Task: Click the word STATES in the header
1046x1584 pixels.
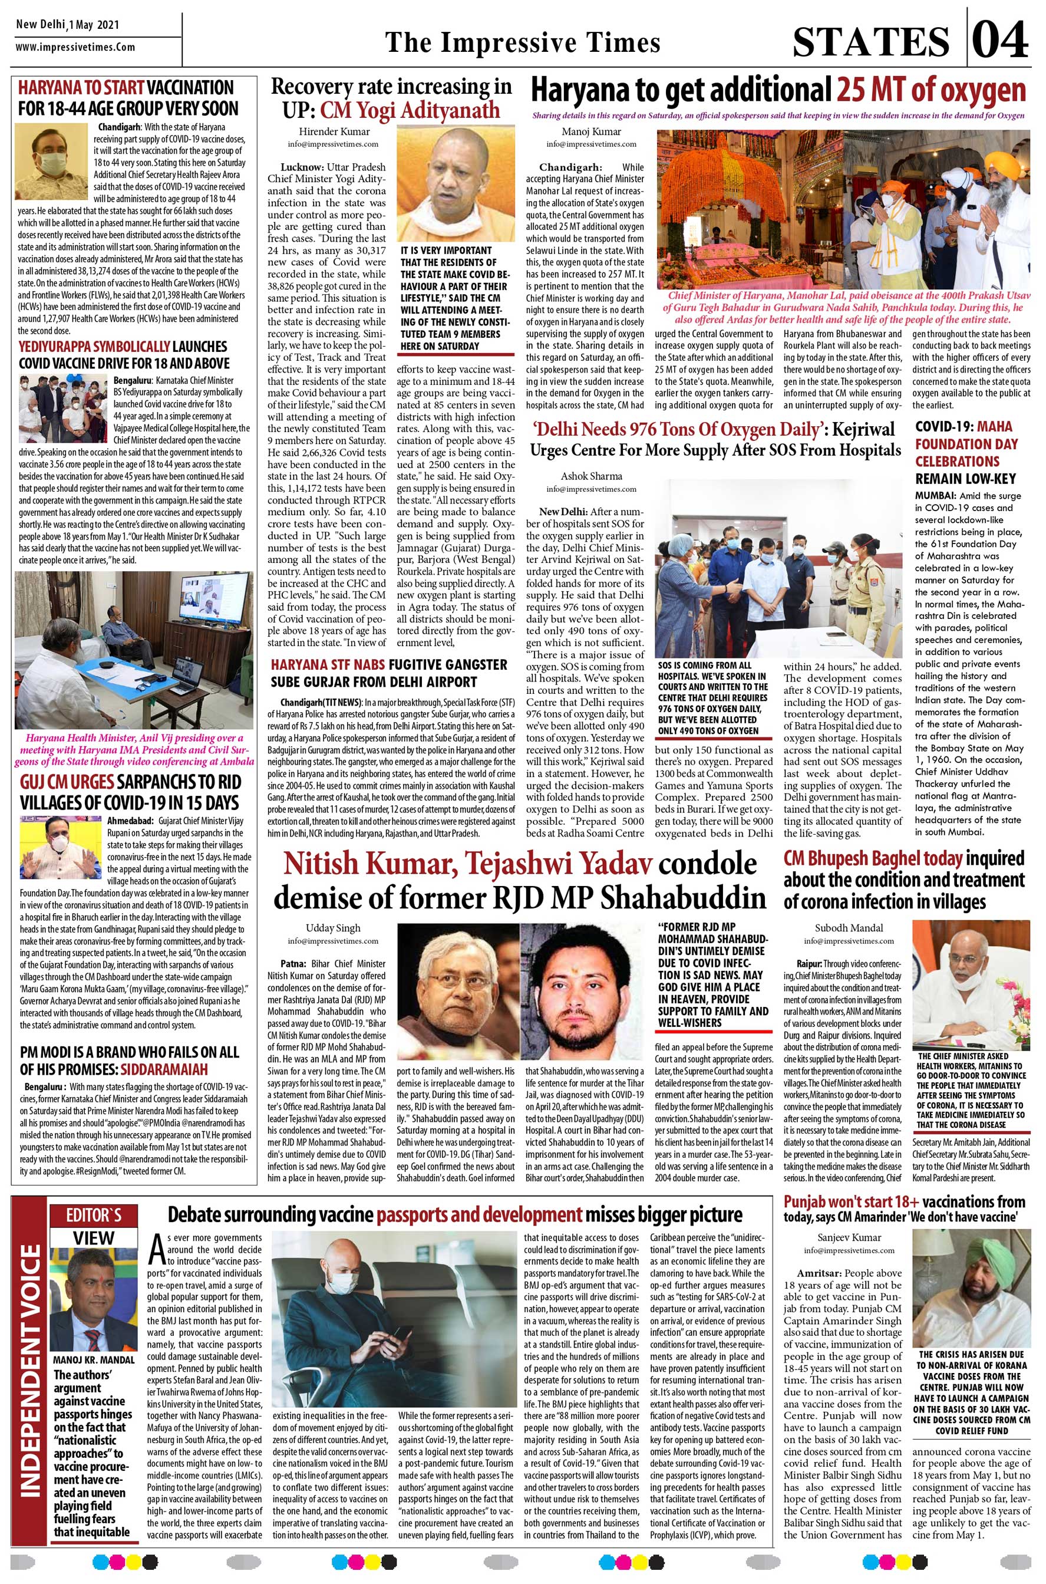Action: click(871, 41)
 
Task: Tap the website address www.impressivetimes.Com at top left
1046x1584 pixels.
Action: click(75, 47)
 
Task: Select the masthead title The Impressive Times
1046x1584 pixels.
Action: click(522, 42)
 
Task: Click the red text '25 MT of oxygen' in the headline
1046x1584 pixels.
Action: click(930, 91)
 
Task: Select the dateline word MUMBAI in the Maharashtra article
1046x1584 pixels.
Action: click(934, 496)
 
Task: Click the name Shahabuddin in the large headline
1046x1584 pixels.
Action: click(682, 898)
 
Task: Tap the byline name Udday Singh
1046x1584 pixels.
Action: click(333, 927)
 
